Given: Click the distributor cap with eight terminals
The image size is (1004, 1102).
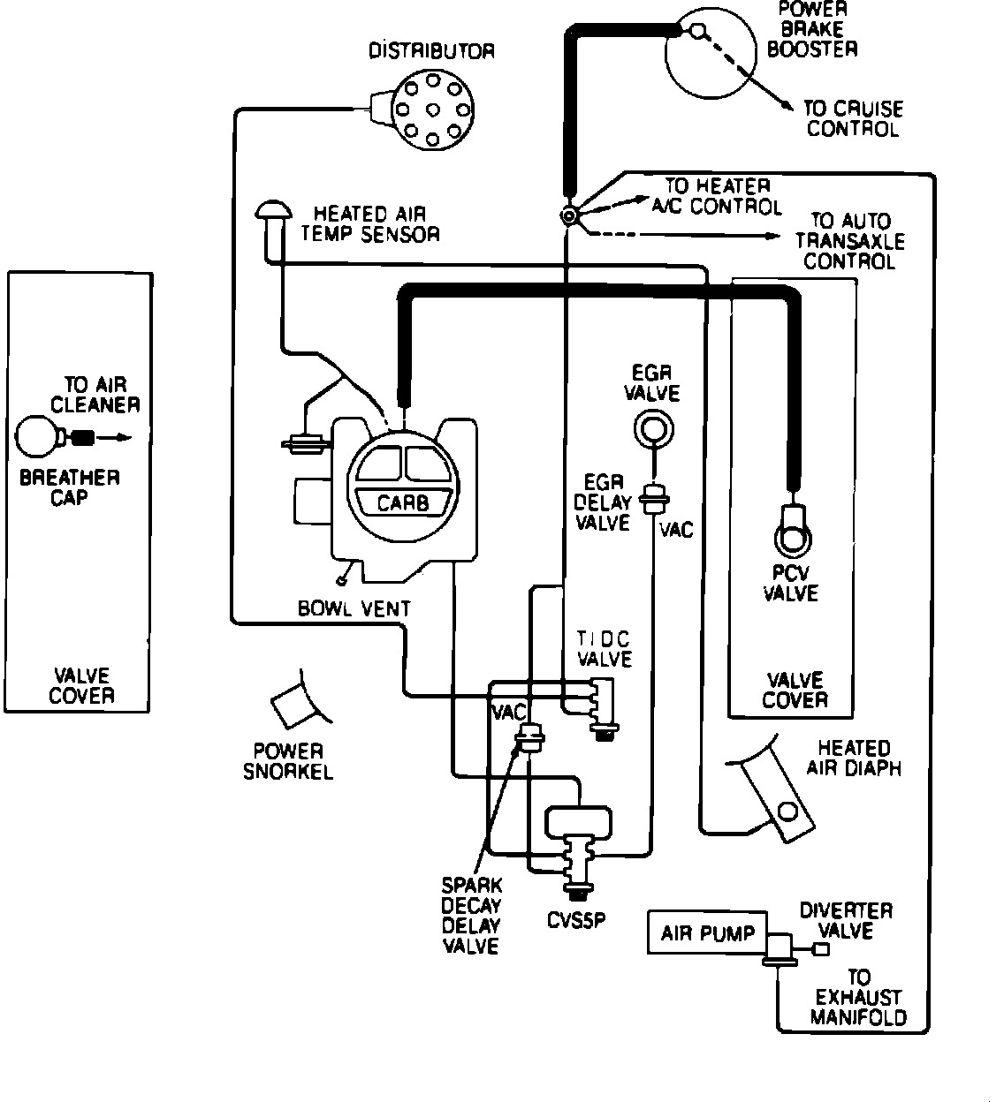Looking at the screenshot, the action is click(431, 109).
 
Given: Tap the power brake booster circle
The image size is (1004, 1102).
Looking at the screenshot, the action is click(711, 53).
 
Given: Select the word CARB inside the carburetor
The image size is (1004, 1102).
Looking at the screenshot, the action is click(402, 502).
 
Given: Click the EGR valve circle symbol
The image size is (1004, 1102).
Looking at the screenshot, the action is click(653, 429).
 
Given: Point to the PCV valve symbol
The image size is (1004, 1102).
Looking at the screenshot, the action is click(792, 532).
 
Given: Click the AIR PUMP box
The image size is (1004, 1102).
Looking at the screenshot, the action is click(706, 932).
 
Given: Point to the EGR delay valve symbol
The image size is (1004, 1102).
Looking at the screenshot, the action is click(654, 500).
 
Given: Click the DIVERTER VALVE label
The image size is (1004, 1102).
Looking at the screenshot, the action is click(846, 920).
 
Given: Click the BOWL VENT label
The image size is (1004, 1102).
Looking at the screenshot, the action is click(354, 608).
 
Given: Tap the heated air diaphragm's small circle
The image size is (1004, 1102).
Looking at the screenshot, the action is click(788, 811).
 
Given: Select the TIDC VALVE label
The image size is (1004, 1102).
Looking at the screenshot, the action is click(605, 648).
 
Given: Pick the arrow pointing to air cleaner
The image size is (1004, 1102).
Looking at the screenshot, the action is click(113, 437).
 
